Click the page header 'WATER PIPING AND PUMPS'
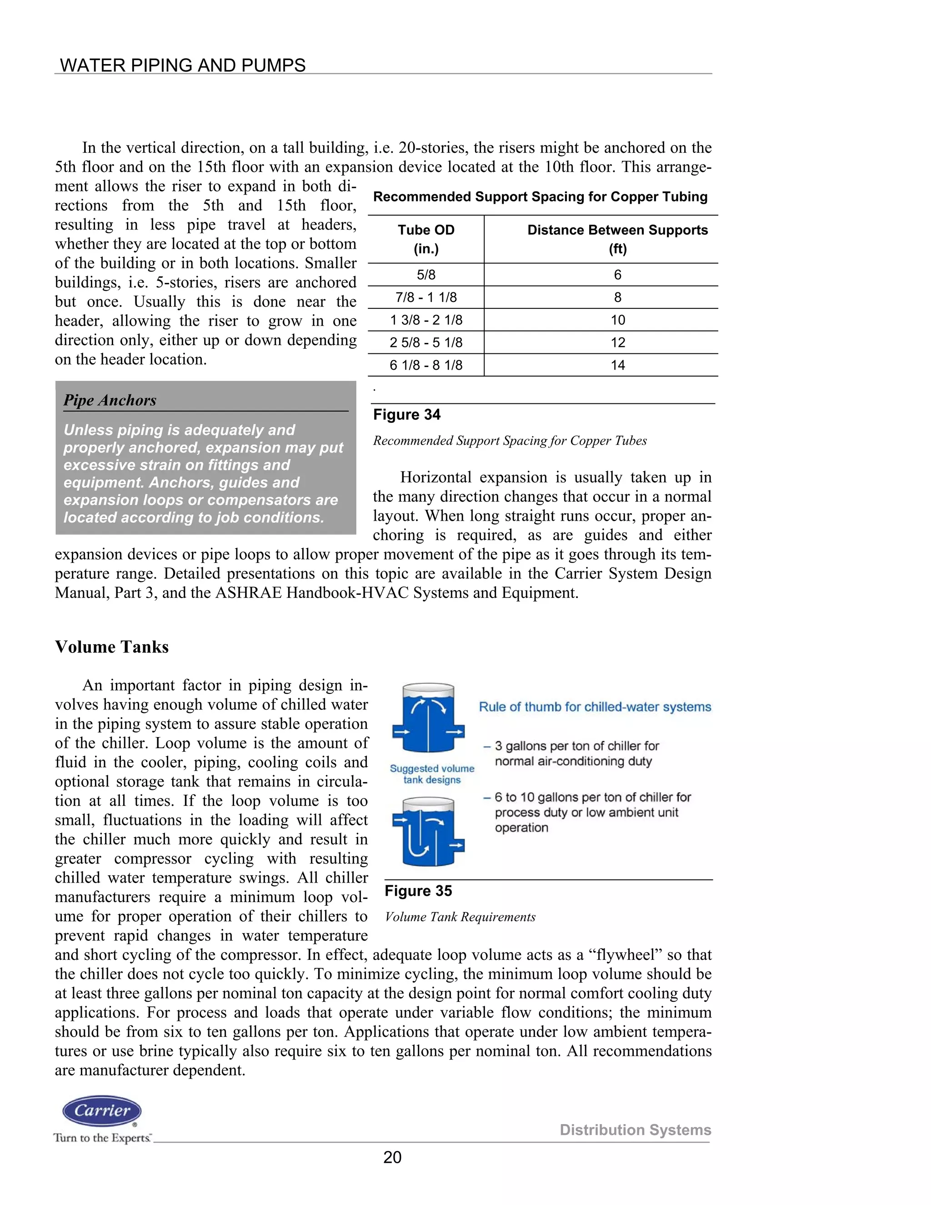click(x=183, y=65)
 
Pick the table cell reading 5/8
click(x=426, y=275)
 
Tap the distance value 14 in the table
click(x=618, y=365)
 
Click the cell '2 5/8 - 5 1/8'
click(x=426, y=343)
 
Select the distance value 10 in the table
click(x=618, y=320)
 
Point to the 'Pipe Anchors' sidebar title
click(x=110, y=400)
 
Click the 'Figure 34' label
click(x=406, y=414)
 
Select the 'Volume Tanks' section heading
click(x=111, y=647)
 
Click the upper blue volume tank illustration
click(x=428, y=718)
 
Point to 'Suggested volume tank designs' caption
click(x=432, y=774)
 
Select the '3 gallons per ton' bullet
click(x=576, y=753)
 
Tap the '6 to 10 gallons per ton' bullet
click(x=592, y=812)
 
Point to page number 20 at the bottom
click(x=392, y=1157)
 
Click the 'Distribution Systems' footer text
click(x=635, y=1130)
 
